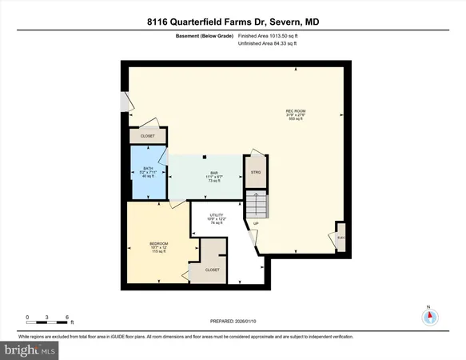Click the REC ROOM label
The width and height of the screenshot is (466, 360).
[x=296, y=113]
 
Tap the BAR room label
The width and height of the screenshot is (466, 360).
[x=214, y=175]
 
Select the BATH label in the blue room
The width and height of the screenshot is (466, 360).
[x=147, y=171]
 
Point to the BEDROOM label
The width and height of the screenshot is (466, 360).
[x=159, y=243]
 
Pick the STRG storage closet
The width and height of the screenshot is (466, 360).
[x=256, y=172]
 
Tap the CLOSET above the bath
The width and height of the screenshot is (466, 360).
[x=148, y=137]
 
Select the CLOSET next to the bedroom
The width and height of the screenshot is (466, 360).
[x=213, y=270]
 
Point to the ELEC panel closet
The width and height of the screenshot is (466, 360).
[x=340, y=238]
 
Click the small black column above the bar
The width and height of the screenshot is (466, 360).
[x=205, y=156]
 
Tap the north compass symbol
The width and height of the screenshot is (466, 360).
[x=430, y=317]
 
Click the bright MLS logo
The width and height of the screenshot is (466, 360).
[x=30, y=350]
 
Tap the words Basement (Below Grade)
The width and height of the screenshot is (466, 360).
[x=205, y=36]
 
